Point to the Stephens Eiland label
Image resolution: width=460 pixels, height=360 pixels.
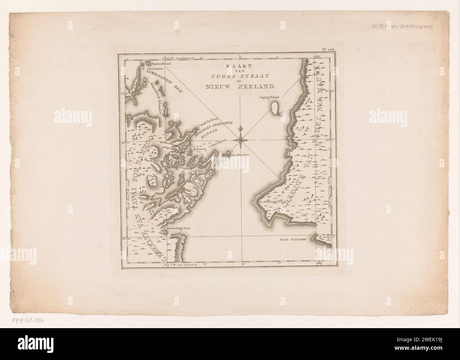pos(161,63)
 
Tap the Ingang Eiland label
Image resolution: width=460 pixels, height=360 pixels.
pos(269,97)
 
